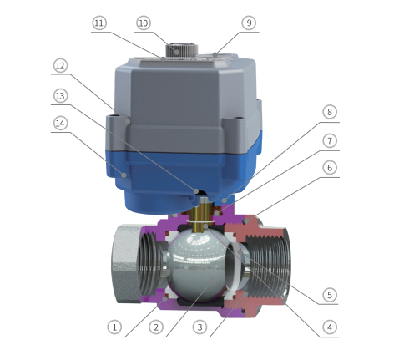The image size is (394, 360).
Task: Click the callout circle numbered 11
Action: (x=99, y=23)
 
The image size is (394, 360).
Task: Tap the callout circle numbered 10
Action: (x=144, y=23)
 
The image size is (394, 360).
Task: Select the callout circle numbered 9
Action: (x=249, y=23)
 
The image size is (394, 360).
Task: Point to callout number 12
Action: (x=60, y=66)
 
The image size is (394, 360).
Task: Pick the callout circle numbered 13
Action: (x=60, y=96)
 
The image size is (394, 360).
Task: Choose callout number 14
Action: (x=60, y=124)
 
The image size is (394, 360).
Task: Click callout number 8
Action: (x=330, y=112)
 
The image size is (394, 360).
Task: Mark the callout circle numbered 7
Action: (x=330, y=141)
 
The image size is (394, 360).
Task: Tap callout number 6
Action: (x=330, y=168)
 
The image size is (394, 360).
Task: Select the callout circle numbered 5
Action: (x=330, y=295)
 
